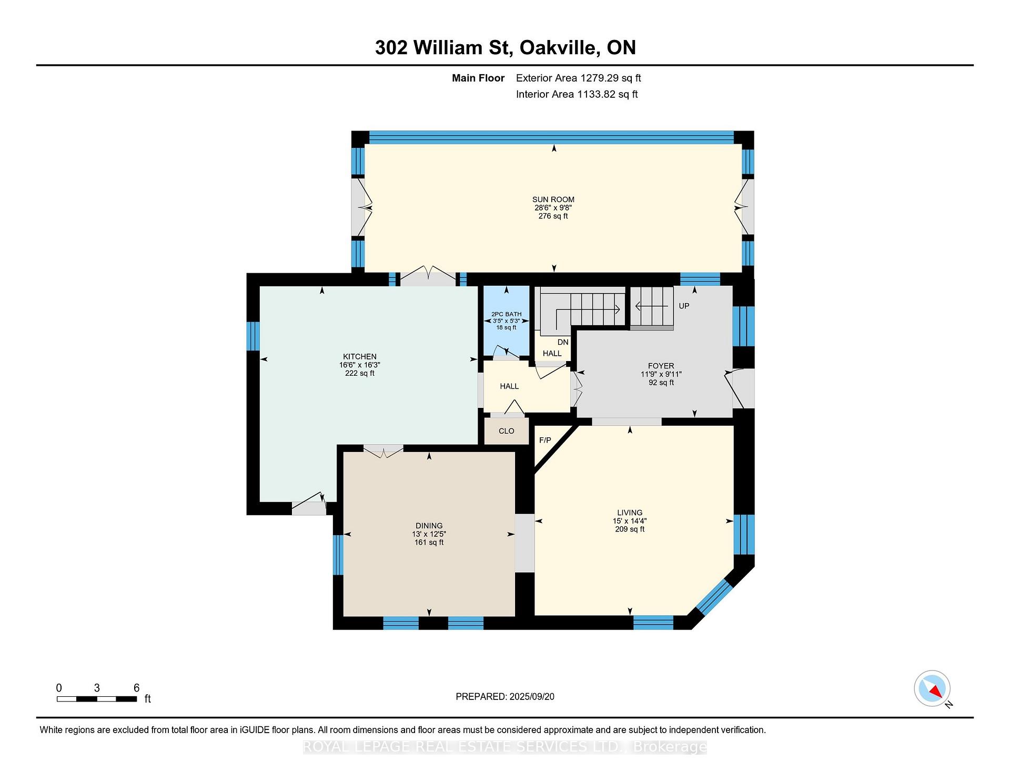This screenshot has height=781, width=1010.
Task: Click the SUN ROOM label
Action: coord(553,199)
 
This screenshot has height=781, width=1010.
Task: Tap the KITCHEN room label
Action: coord(360,356)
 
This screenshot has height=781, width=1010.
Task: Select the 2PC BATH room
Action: coord(506,321)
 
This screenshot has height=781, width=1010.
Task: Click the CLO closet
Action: coord(506,431)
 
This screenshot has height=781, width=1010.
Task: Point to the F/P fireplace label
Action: coord(545,440)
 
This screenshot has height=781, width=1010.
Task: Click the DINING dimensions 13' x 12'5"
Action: coord(429,534)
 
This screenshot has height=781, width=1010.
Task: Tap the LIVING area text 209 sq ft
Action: coord(630,529)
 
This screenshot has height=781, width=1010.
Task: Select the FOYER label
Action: coord(661,366)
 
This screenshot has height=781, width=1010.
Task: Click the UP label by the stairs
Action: coord(684,306)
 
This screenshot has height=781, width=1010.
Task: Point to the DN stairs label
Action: coord(563,342)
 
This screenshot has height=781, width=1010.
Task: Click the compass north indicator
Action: coord(932,688)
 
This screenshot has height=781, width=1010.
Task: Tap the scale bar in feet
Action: coord(97,699)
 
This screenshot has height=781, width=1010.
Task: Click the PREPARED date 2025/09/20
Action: coord(504,696)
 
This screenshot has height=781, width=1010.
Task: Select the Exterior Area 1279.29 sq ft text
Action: coord(578,78)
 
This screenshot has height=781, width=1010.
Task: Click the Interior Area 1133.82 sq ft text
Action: coord(577,94)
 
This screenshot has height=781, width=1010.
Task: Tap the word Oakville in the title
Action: coord(559,48)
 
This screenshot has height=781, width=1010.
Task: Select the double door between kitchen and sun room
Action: coord(428,277)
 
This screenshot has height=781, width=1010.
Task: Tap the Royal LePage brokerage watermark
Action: coord(504,747)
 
